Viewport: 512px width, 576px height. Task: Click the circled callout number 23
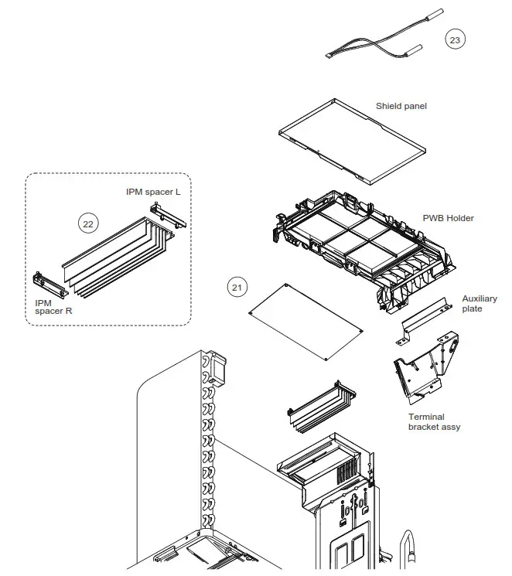[456, 39]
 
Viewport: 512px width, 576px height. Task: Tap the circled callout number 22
[88, 223]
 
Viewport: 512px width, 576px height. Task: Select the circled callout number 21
[237, 287]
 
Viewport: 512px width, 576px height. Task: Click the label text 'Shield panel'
[401, 106]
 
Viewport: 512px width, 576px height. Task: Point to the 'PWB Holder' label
[448, 218]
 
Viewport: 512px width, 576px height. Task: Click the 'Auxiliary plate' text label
[480, 304]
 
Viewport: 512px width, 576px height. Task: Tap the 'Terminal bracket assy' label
[434, 422]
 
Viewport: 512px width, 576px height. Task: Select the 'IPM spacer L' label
[153, 191]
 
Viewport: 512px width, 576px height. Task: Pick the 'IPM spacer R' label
[53, 307]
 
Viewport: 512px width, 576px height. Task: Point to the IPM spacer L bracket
[168, 214]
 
